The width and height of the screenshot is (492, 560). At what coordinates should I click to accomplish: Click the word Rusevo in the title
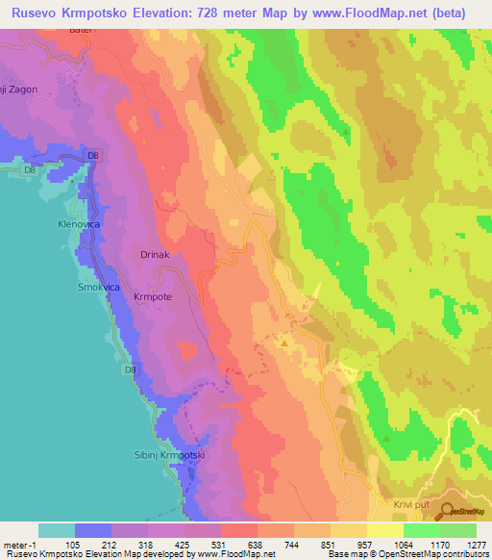[39, 13]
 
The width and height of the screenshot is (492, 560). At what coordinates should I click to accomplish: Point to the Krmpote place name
[152, 297]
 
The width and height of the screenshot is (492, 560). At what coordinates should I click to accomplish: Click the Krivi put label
[409, 504]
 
